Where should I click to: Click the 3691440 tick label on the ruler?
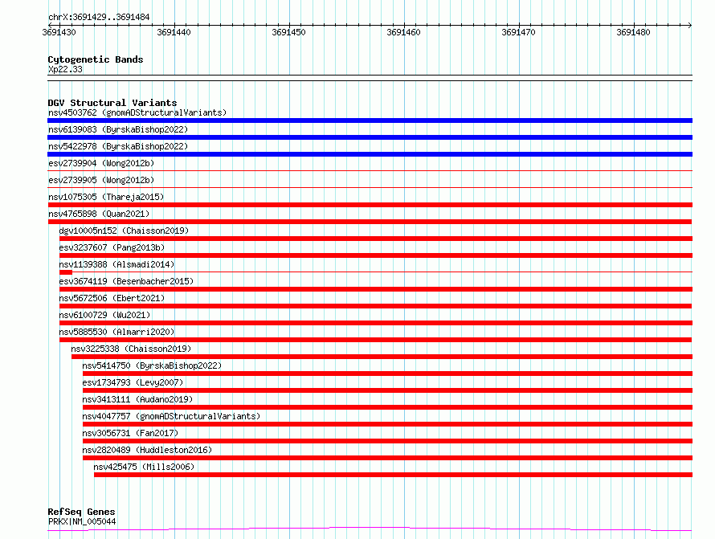click(x=174, y=32)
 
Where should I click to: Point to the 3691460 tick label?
click(x=403, y=32)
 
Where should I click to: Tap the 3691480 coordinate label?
click(x=633, y=32)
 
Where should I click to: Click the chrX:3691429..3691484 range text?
click(x=99, y=17)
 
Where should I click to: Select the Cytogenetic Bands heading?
click(x=96, y=59)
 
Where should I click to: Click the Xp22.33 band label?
click(x=65, y=69)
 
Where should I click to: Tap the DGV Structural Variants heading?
click(x=112, y=103)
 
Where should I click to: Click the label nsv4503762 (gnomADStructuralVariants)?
click(x=137, y=112)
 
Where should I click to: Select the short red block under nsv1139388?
click(x=66, y=272)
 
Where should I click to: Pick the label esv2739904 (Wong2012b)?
click(x=101, y=163)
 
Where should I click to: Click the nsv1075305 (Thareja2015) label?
click(x=106, y=197)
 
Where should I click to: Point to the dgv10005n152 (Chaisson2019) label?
click(x=124, y=231)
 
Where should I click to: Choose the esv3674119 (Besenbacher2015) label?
click(x=126, y=281)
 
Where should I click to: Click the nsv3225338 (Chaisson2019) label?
click(x=131, y=349)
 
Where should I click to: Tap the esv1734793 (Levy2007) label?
click(x=133, y=382)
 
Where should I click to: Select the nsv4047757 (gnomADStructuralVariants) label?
click(x=171, y=416)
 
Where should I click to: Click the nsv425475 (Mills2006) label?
click(x=144, y=467)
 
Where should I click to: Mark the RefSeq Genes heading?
click(x=82, y=512)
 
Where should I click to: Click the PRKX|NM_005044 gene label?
click(x=82, y=521)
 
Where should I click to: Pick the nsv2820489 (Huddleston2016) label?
click(x=147, y=450)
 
